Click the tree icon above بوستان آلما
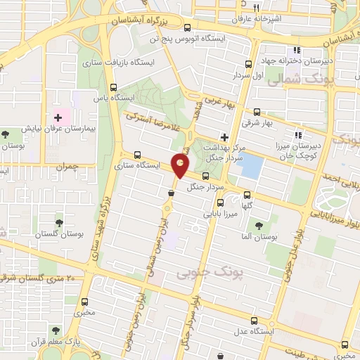coord(259,226)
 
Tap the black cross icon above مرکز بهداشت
coord(224,136)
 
